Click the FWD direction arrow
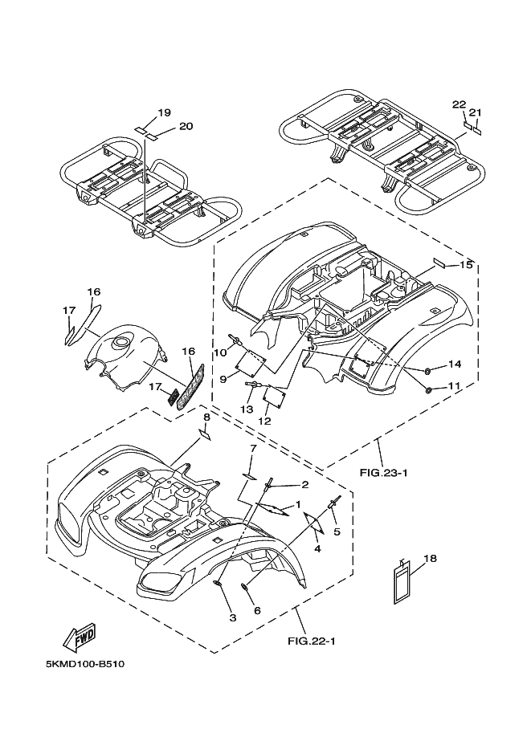coord(80,637)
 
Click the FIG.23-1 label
coord(384,473)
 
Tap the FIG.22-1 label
coord(312,641)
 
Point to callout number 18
coord(430,558)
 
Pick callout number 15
coord(466,265)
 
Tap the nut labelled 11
coord(428,390)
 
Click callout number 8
coord(206,417)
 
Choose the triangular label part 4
coord(314,523)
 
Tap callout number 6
coord(257,610)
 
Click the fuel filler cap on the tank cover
coord(121,342)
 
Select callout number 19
coord(164,112)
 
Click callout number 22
coord(459,104)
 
